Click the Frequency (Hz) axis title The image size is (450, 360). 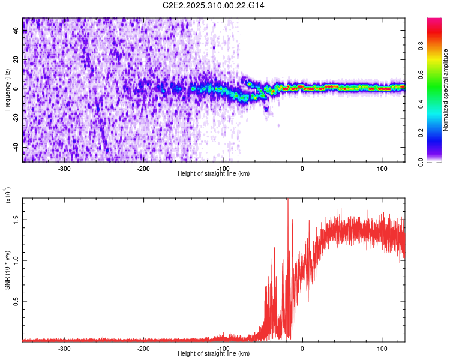coord(7,89)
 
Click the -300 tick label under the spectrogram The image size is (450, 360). coord(64,168)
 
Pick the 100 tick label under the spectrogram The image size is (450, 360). coord(382,168)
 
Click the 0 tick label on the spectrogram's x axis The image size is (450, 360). coord(302,168)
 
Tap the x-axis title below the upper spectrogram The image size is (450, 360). coord(214,173)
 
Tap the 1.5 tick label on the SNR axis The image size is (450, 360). coord(16,219)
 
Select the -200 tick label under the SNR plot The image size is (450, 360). coord(143,348)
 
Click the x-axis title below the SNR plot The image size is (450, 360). coord(214,353)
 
